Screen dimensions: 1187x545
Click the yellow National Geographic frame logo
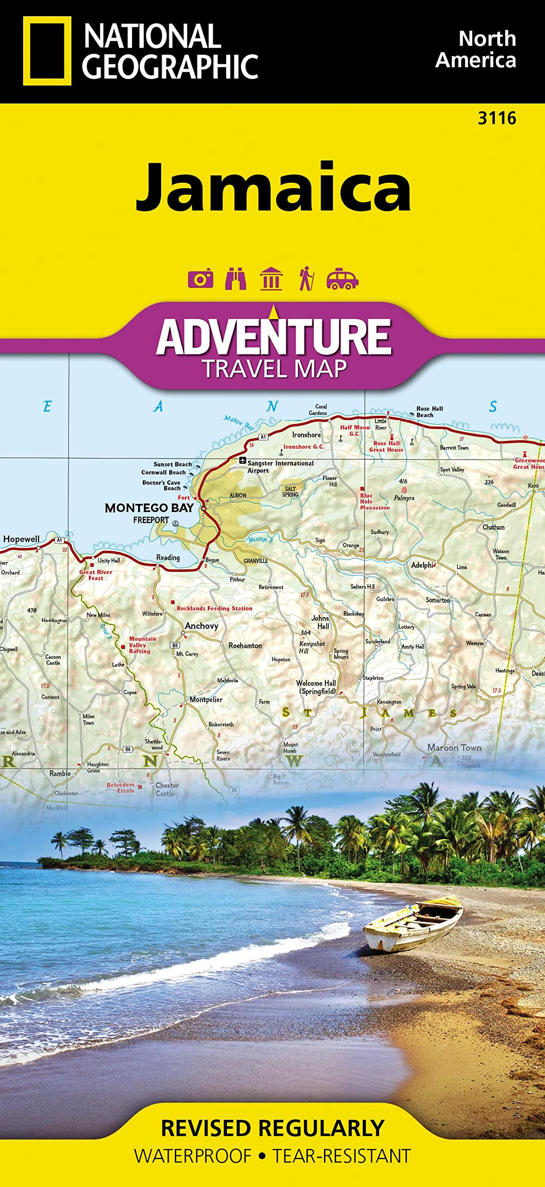click(x=47, y=51)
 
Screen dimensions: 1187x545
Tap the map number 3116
click(x=497, y=119)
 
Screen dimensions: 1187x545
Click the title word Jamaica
click(x=273, y=187)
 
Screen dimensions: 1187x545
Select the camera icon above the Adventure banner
click(x=200, y=279)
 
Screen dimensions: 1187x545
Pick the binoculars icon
click(x=235, y=279)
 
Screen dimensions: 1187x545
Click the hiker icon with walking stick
click(x=306, y=279)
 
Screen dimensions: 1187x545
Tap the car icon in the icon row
click(x=342, y=279)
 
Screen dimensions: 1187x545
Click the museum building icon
click(x=271, y=279)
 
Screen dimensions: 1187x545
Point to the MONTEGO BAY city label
click(x=149, y=508)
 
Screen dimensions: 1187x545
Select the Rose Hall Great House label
click(x=386, y=446)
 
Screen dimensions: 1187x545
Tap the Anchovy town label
click(x=201, y=626)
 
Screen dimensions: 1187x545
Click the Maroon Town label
click(x=454, y=747)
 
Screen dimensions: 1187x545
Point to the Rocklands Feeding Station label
click(x=214, y=608)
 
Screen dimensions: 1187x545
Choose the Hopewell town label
click(x=21, y=539)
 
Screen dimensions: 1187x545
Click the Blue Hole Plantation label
click(x=374, y=502)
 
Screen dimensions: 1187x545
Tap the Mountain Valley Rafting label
click(x=139, y=645)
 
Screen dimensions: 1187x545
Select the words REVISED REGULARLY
click(x=272, y=1128)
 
